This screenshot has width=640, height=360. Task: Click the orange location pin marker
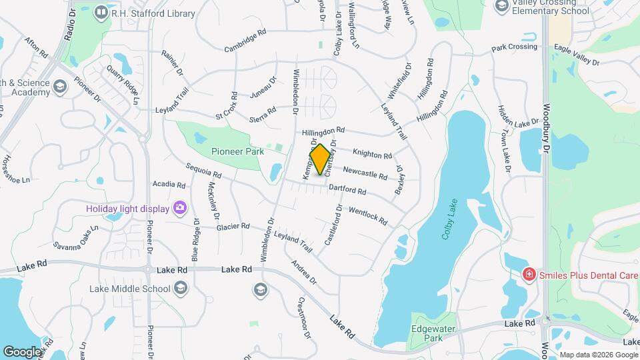click(x=320, y=159)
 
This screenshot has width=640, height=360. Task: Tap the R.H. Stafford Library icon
click(x=101, y=12)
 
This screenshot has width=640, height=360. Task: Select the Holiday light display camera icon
click(x=179, y=208)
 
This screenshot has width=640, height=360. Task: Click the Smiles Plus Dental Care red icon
click(x=529, y=274)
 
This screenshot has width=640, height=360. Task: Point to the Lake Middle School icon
click(x=179, y=288)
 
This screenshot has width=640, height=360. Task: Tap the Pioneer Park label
click(x=237, y=151)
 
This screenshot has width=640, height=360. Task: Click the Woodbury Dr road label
click(x=545, y=131)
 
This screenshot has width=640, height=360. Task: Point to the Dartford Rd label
click(x=347, y=190)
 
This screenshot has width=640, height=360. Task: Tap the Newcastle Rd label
click(x=365, y=172)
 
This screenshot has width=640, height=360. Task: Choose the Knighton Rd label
click(x=372, y=154)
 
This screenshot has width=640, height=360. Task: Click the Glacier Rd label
click(x=233, y=227)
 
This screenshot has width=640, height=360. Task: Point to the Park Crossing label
click(x=514, y=47)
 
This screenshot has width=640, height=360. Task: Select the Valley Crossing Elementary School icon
click(x=501, y=6)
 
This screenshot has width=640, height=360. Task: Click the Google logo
click(x=22, y=351)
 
